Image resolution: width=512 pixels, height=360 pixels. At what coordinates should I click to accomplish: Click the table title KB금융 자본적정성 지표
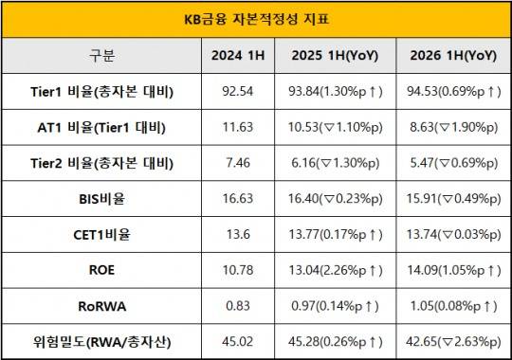(x=257, y=19)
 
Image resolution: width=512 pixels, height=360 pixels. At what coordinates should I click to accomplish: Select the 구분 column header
(x=101, y=56)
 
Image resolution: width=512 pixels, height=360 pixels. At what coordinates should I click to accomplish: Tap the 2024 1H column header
(x=238, y=56)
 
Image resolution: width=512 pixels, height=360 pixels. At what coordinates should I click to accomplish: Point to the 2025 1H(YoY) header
(x=335, y=56)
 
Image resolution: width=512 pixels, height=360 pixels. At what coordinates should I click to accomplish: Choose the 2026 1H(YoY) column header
(x=453, y=56)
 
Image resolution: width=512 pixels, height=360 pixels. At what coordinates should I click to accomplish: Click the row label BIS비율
(x=101, y=199)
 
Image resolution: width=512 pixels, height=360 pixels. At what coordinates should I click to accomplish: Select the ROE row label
(x=101, y=270)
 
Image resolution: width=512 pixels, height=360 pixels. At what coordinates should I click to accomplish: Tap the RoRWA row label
(x=101, y=306)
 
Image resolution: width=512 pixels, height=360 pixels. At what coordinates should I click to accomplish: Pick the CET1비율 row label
(x=101, y=235)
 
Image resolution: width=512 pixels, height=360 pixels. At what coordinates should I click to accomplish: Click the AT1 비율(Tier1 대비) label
(x=101, y=127)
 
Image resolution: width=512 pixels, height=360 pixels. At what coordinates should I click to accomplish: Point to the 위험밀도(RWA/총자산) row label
(x=101, y=342)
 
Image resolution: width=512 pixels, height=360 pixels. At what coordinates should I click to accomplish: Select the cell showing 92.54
(x=238, y=91)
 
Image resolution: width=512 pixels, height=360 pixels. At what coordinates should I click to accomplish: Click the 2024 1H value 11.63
(x=238, y=127)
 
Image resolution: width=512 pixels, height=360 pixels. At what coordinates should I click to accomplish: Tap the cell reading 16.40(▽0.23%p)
(x=335, y=199)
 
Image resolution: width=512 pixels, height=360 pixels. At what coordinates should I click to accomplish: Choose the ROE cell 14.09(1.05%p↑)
(x=454, y=270)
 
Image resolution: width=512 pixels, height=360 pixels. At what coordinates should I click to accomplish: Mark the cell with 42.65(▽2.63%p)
(x=454, y=342)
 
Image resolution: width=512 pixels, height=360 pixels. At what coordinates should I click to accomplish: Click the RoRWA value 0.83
(x=238, y=306)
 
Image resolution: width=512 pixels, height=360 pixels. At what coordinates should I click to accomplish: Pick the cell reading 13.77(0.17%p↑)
(x=335, y=234)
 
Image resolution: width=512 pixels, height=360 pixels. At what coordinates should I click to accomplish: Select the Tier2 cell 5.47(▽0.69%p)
(x=454, y=163)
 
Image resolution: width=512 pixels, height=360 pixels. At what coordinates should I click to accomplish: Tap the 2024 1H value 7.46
(x=238, y=163)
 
